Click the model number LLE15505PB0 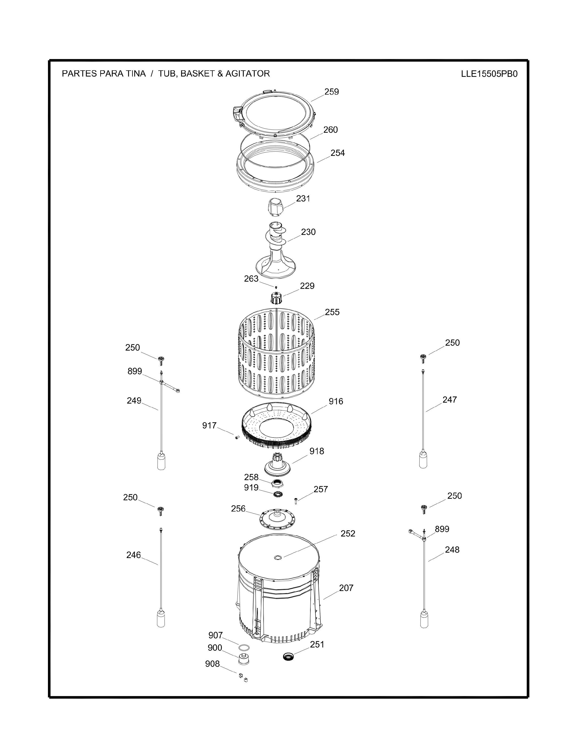click(x=489, y=74)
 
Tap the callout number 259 click(x=331, y=92)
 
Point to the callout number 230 click(x=308, y=232)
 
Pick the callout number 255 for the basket click(x=332, y=312)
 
